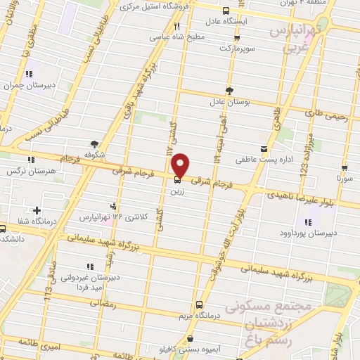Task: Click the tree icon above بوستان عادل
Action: point(230,89)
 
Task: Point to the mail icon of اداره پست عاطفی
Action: point(264,149)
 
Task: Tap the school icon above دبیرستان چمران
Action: point(29,74)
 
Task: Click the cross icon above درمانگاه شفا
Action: point(37,210)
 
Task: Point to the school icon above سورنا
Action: point(345,168)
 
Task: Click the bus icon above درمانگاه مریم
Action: point(200,304)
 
